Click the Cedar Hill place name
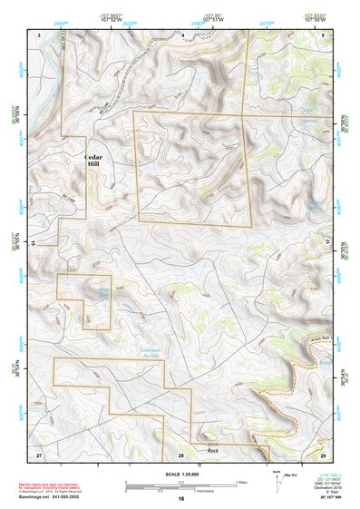click(94, 161)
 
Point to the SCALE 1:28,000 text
click(178, 475)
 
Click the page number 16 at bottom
click(181, 499)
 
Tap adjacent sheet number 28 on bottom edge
click(181, 453)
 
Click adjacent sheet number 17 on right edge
click(328, 241)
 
